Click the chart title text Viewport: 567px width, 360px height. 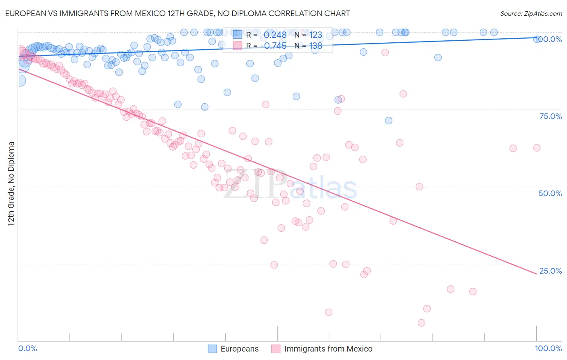pyautogui.click(x=177, y=13)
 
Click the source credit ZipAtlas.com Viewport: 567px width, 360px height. pyautogui.click(x=531, y=13)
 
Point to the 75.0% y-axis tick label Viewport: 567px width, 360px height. pyautogui.click(x=550, y=116)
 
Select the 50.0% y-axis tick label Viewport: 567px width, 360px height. pyautogui.click(x=550, y=193)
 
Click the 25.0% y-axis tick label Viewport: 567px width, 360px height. pyautogui.click(x=550, y=271)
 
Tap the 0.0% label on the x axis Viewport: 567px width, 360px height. pyautogui.click(x=27, y=348)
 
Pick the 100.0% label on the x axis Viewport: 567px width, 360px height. pyautogui.click(x=548, y=348)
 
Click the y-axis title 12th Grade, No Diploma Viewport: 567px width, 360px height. pyautogui.click(x=11, y=184)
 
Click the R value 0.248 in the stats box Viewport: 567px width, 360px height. pyautogui.click(x=275, y=35)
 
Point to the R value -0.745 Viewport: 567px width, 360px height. pyautogui.click(x=273, y=46)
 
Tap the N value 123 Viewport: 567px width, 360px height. pyautogui.click(x=316, y=35)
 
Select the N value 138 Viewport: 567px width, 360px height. pyautogui.click(x=316, y=46)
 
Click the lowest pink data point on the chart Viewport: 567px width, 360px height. pyautogui.click(x=421, y=323)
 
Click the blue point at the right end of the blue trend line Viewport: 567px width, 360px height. pyautogui.click(x=537, y=39)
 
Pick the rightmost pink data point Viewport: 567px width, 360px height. pyautogui.click(x=537, y=148)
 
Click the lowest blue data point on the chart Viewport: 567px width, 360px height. pyautogui.click(x=388, y=121)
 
